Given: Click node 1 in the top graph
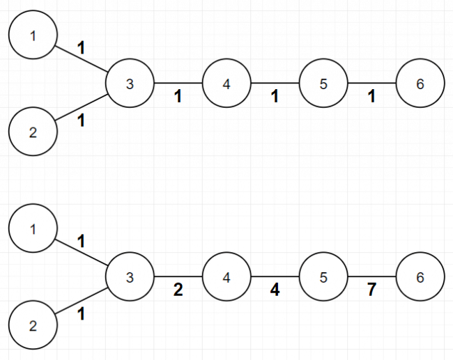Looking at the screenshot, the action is point(33,35).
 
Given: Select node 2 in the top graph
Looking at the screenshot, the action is point(33,132).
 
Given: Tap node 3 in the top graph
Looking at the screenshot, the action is point(130,83).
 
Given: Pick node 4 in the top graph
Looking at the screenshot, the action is point(227,83).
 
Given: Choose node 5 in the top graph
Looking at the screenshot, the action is point(323,83).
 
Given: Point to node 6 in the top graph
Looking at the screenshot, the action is point(420,83).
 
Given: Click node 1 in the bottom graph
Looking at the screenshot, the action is point(33,228).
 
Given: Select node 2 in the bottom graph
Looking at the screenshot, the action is point(33,325).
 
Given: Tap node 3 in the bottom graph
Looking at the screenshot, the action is point(130,276).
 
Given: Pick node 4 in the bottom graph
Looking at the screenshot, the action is point(227,276).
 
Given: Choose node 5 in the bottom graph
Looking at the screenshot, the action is point(323,276).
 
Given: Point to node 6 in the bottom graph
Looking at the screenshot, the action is point(420,276).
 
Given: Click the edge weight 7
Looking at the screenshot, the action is point(371,290).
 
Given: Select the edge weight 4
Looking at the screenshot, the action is point(275,290).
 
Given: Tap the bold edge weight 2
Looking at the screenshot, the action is point(178,290).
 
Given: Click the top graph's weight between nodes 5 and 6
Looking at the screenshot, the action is point(371,96).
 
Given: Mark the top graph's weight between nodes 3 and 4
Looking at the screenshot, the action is point(178,96).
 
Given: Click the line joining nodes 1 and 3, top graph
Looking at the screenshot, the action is point(81,59).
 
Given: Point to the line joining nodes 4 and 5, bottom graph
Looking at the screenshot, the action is point(275,276).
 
